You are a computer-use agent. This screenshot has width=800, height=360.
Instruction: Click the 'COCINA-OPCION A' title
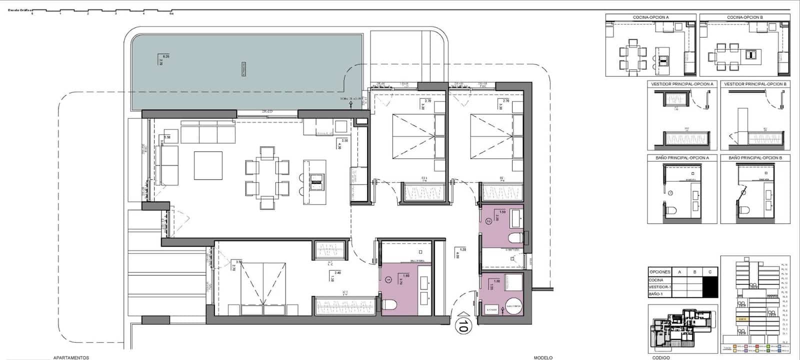[650, 17]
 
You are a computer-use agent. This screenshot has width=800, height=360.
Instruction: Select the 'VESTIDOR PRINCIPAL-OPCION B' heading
[755, 84]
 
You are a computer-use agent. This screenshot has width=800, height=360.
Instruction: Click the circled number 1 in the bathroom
[389, 279]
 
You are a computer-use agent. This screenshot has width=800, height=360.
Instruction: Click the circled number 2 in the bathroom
[489, 220]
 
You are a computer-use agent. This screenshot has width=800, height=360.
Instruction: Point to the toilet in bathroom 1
[390, 303]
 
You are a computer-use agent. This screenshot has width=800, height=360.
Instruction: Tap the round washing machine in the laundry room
[513, 306]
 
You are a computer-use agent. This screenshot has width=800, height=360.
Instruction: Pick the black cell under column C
[709, 286]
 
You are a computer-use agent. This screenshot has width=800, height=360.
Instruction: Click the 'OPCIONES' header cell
[659, 272]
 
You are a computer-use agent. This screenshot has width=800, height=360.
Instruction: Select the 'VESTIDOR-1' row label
[659, 286]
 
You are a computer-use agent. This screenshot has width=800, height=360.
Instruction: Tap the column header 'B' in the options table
[694, 272]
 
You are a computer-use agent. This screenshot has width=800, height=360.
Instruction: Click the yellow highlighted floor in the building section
[742, 318]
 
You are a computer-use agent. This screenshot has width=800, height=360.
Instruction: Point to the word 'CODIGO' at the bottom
[660, 357]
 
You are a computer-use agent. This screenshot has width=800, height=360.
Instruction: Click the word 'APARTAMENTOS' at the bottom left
[71, 357]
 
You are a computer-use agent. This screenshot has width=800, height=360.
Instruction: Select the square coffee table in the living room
[208, 165]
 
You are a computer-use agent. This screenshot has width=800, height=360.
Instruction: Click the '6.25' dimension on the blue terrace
[166, 56]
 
